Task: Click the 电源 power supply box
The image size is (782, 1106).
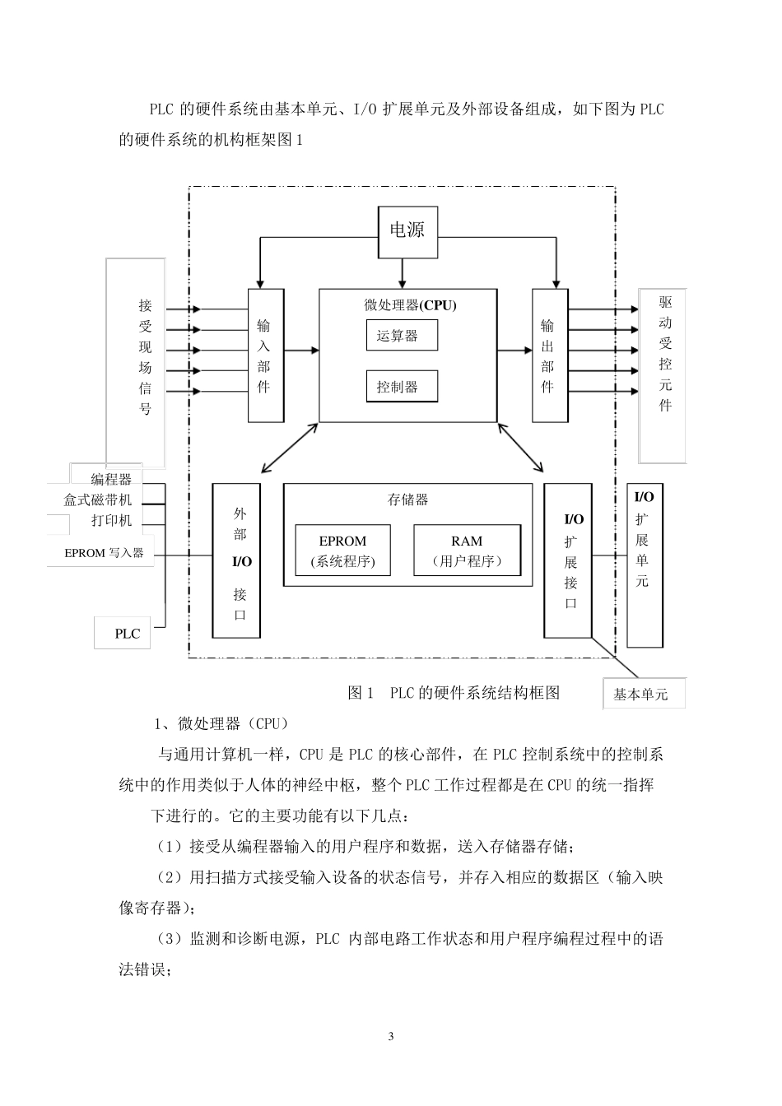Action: (407, 230)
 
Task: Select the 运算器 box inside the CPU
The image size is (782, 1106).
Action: (401, 335)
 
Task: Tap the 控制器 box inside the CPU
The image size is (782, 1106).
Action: (401, 387)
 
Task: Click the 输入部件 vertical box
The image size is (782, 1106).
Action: (265, 355)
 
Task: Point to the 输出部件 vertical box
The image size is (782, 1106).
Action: (549, 355)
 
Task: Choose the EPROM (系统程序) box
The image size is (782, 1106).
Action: (342, 551)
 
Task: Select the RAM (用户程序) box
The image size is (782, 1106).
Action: (467, 551)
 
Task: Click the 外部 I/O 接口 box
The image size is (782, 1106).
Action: (237, 560)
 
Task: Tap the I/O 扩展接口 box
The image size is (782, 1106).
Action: (567, 560)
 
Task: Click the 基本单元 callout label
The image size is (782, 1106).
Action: (643, 694)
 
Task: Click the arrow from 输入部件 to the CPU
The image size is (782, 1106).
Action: (301, 350)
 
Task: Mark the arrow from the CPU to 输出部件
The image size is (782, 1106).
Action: (515, 350)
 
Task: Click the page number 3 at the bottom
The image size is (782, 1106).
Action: (391, 1036)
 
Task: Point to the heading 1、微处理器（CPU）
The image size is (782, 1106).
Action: (221, 723)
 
